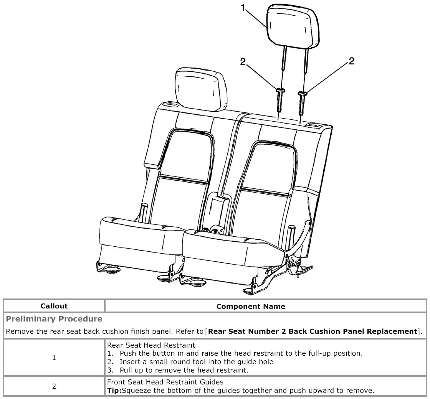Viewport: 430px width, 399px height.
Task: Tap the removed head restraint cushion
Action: point(294,25)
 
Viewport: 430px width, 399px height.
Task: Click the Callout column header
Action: point(54,306)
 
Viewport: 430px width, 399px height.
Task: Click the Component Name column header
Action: point(251,306)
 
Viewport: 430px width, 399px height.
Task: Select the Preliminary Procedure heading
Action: point(54,319)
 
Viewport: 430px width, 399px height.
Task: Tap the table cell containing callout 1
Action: point(54,358)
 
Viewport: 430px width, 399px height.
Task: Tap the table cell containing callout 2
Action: point(54,386)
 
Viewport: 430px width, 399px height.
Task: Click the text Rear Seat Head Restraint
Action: point(151,345)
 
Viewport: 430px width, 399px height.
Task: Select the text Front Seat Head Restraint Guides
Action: point(165,382)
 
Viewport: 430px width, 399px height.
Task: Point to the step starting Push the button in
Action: point(241,353)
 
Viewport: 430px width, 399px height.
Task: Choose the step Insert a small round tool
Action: point(196,362)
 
